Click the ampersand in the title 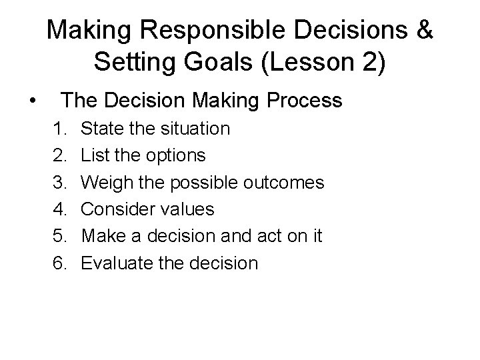422,30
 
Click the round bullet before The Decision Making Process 32,101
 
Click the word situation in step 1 193,128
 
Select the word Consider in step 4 122,209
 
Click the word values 191,209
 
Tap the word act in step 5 271,237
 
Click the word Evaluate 117,263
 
